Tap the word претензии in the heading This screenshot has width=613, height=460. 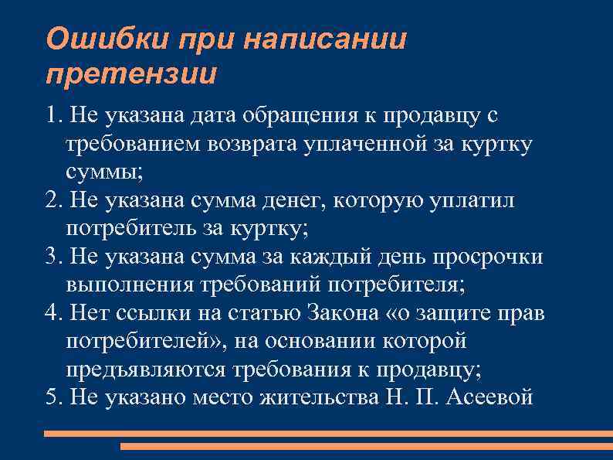tap(131, 75)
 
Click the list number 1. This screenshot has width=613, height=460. tap(52, 116)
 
